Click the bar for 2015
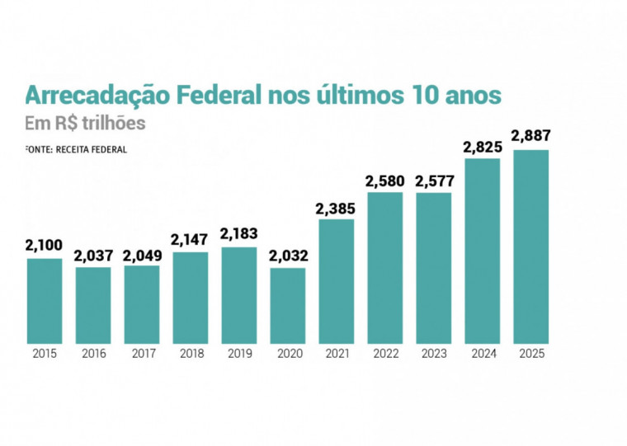44,301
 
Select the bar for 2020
287,305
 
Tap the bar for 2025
530,246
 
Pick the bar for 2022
384,268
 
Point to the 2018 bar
190,298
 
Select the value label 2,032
286,255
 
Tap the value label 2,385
336,206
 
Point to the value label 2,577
433,180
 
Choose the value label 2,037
93,255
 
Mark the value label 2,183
238,234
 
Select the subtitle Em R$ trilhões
85,123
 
